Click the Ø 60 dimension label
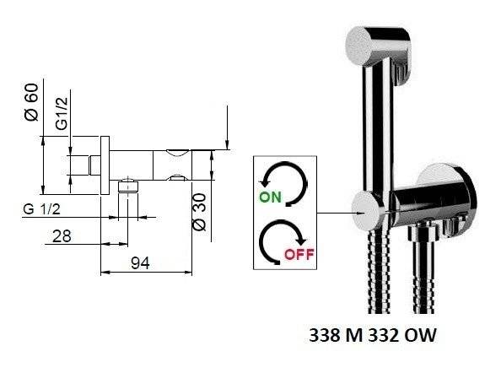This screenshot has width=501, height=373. pos(31,102)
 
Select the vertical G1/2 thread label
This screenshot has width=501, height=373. pos(62,113)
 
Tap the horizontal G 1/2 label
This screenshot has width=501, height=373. pos(41,209)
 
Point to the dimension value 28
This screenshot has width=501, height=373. pos(62,236)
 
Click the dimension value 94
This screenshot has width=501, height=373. pos(140,263)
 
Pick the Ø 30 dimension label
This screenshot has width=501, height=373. pos(201,212)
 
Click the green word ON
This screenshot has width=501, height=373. pos(270,197)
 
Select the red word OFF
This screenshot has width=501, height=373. pos(299,255)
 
